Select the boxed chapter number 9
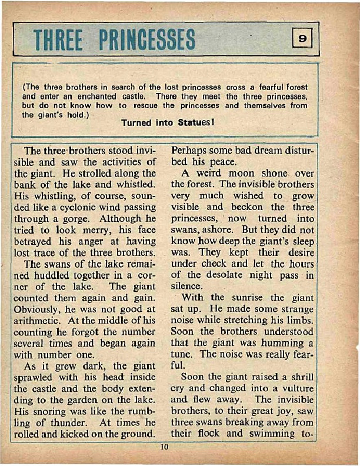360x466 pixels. pos(302,39)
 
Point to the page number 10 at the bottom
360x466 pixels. pos(165,448)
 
